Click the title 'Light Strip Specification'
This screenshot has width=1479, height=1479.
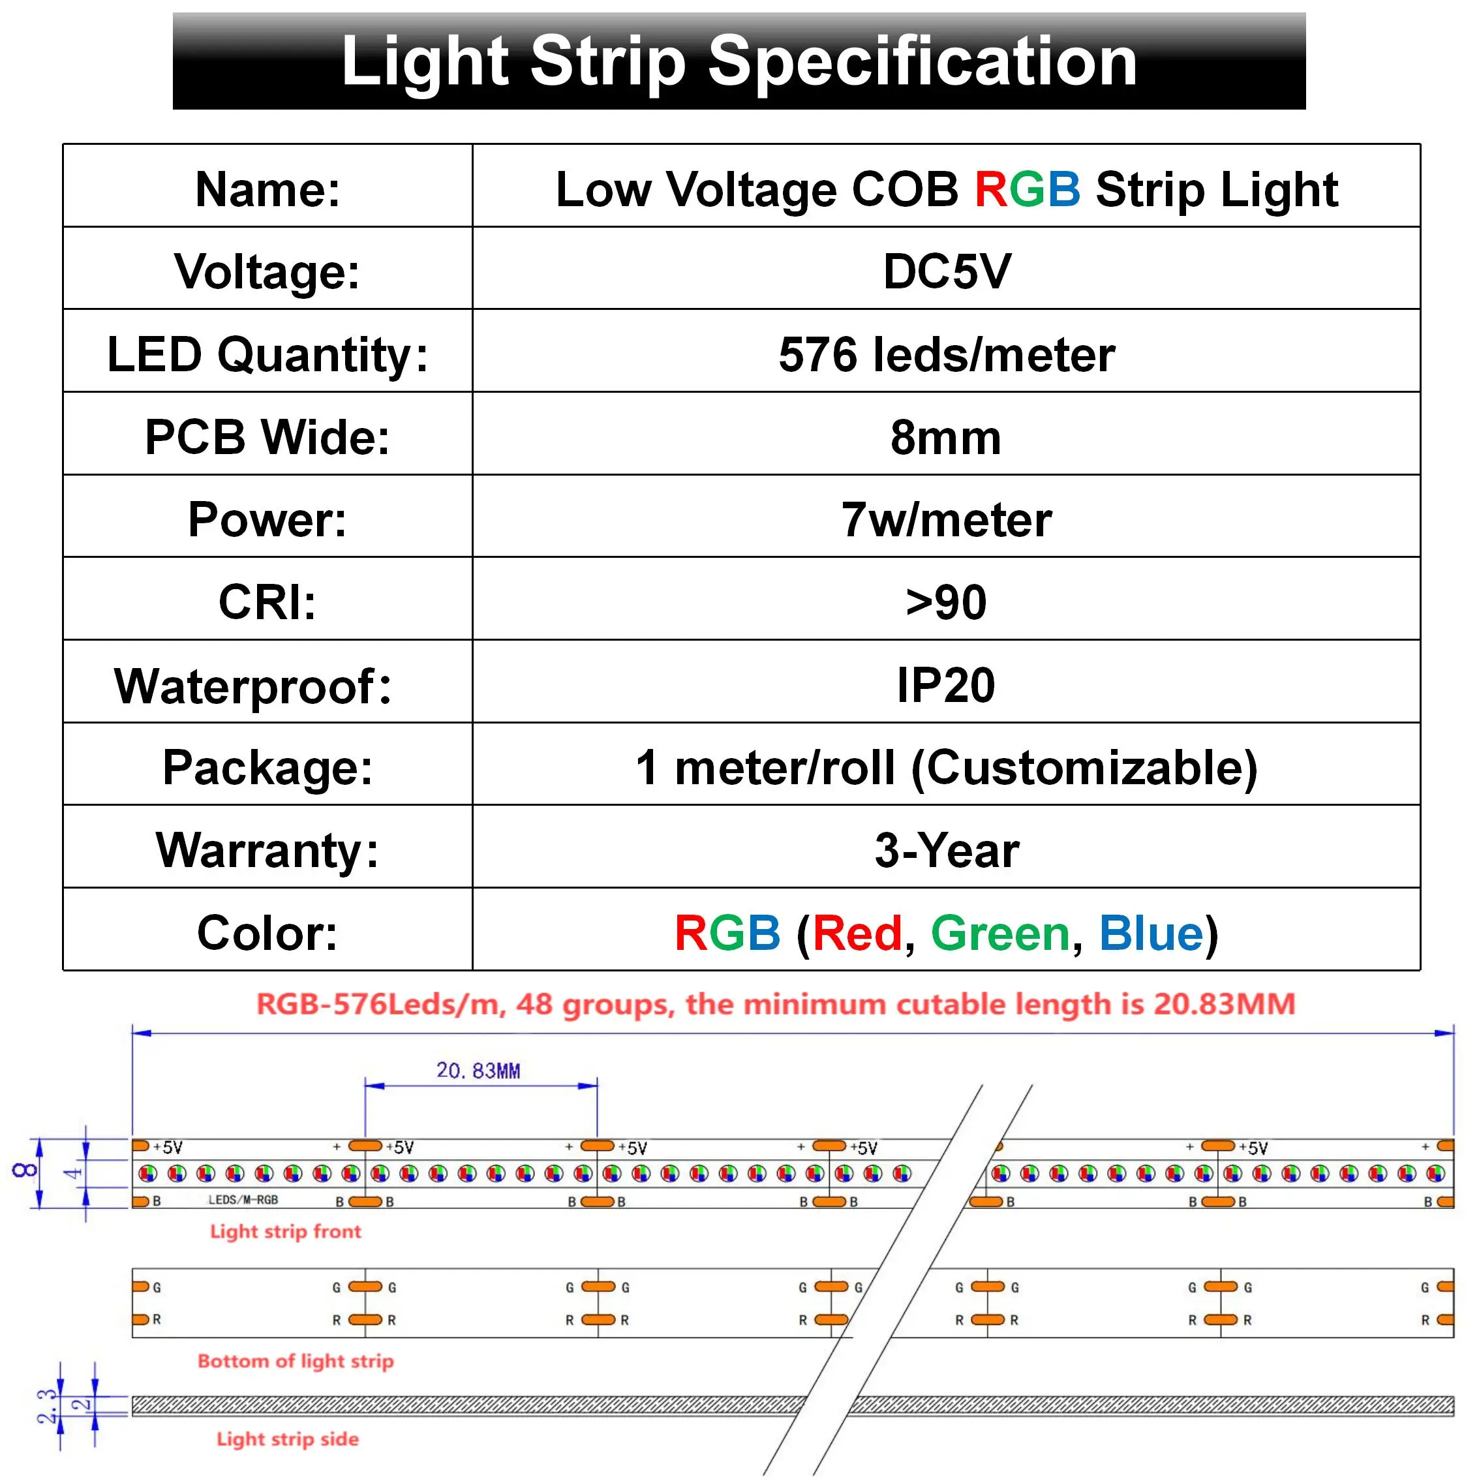tap(739, 61)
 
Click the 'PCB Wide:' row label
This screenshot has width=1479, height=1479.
tap(267, 437)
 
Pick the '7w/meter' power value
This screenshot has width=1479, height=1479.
tap(946, 520)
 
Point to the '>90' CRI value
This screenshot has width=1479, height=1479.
tap(946, 602)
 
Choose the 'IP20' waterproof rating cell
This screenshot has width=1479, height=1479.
tap(946, 685)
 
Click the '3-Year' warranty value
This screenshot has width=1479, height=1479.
tap(946, 851)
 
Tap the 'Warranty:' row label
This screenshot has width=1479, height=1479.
tap(267, 851)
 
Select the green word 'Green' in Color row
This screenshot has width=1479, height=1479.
tap(999, 934)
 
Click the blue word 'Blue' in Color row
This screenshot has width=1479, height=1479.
tap(1151, 934)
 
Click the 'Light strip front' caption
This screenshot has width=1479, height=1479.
tap(286, 1232)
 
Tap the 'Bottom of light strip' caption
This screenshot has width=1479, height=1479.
tap(296, 1361)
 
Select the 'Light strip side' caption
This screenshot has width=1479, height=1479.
tap(288, 1439)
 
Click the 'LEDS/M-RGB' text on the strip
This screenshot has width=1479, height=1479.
tap(243, 1200)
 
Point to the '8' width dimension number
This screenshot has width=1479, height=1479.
tap(25, 1170)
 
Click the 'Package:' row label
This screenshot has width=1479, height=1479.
tap(267, 768)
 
